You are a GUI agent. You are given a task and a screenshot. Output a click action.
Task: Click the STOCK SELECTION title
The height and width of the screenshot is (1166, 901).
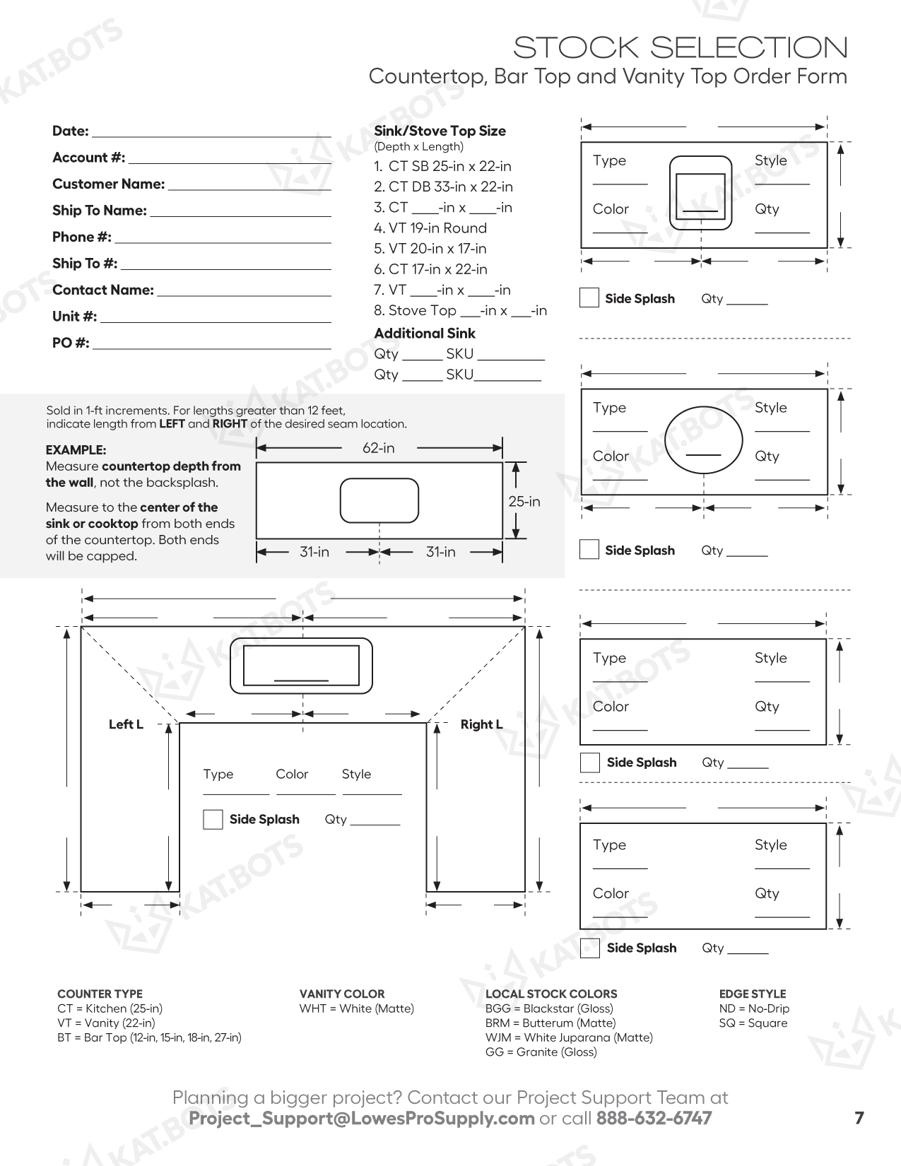pyautogui.click(x=680, y=48)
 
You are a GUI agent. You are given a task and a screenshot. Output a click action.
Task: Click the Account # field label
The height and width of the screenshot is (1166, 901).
pyautogui.click(x=88, y=158)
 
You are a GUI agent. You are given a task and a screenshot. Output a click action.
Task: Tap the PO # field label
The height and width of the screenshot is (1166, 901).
pyautogui.click(x=71, y=343)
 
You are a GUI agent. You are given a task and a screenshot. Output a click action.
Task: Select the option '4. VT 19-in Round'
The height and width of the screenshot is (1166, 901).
pyautogui.click(x=430, y=228)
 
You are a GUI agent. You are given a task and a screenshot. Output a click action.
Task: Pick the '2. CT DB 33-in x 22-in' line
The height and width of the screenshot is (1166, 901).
pyautogui.click(x=443, y=187)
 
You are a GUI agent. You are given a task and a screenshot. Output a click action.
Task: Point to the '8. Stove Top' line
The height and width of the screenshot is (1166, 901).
pyautogui.click(x=460, y=311)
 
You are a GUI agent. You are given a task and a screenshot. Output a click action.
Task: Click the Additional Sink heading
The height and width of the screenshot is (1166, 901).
pyautogui.click(x=424, y=334)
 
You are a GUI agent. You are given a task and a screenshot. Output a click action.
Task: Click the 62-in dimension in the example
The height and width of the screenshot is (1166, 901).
pyautogui.click(x=379, y=448)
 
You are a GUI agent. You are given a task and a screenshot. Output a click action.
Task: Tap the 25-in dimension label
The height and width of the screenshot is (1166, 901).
pyautogui.click(x=524, y=502)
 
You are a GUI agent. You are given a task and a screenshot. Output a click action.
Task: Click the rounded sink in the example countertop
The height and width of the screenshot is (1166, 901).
pyautogui.click(x=379, y=500)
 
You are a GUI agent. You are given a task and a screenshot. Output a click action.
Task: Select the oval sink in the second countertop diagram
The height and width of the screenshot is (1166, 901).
pyautogui.click(x=704, y=440)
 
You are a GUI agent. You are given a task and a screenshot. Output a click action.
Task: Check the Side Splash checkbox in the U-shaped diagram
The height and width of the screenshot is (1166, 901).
pyautogui.click(x=213, y=820)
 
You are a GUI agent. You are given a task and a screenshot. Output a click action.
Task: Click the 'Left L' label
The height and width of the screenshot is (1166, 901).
pyautogui.click(x=126, y=724)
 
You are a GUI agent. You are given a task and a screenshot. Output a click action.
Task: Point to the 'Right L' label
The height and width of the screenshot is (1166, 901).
pyautogui.click(x=481, y=724)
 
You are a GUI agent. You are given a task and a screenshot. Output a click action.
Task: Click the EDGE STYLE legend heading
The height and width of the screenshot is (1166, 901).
pyautogui.click(x=752, y=994)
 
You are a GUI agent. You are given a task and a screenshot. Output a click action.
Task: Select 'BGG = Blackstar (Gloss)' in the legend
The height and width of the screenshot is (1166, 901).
pyautogui.click(x=549, y=1008)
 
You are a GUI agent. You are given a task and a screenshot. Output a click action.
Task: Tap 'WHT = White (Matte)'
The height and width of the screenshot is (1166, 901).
pyautogui.click(x=356, y=1008)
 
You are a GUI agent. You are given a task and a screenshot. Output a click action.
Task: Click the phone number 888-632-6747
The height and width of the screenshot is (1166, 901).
pyautogui.click(x=654, y=1119)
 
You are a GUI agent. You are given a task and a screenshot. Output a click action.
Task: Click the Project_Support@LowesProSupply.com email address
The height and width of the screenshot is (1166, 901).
pyautogui.click(x=361, y=1119)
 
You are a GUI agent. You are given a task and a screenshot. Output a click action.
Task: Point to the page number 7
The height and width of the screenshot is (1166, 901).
pyautogui.click(x=859, y=1118)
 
